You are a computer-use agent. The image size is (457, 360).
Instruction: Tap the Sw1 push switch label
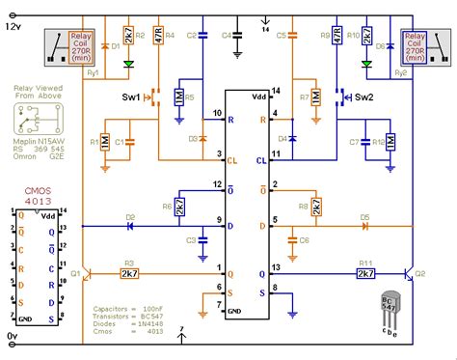132,97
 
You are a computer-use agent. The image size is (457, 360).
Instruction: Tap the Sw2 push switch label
364,97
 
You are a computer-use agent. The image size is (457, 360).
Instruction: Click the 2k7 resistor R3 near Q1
127,274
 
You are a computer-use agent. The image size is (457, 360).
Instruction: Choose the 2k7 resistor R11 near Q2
366,274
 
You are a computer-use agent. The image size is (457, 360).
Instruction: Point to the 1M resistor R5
180,97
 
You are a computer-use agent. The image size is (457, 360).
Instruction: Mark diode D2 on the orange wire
104,225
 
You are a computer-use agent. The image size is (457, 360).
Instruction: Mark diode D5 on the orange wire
364,229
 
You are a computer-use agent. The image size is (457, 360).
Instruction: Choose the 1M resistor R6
180,206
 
